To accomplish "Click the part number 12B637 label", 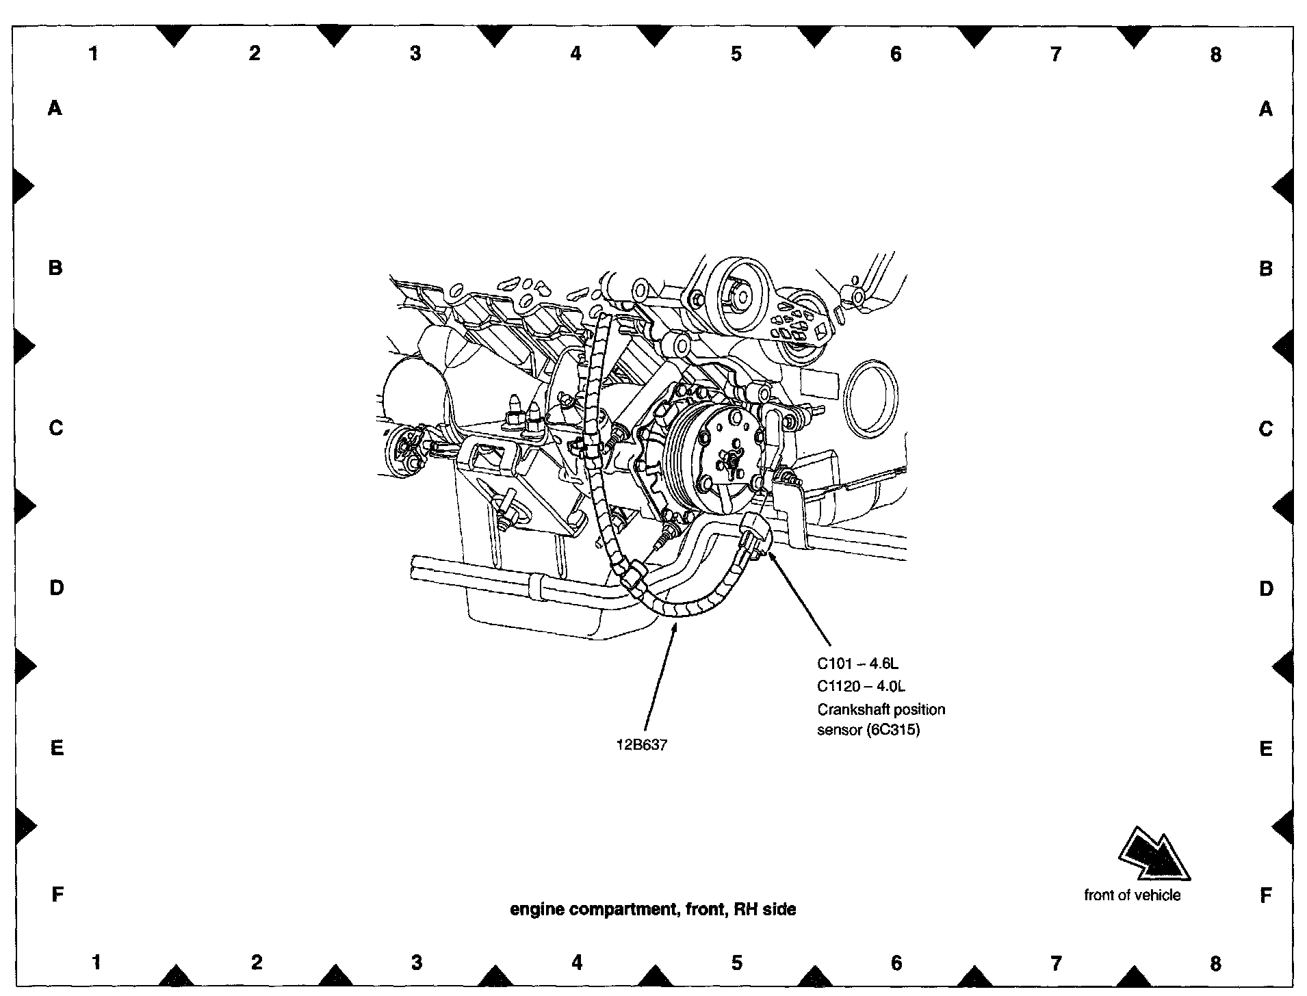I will (x=641, y=745).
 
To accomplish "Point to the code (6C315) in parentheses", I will (x=893, y=730).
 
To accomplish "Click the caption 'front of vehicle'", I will (x=1132, y=895).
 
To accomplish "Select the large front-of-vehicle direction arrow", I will (x=1154, y=854).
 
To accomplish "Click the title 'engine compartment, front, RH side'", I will (x=653, y=909).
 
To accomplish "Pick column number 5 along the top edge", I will (x=736, y=53).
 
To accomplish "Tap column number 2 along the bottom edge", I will (x=257, y=962).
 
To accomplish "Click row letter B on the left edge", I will (x=55, y=267).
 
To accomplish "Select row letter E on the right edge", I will (x=1265, y=749).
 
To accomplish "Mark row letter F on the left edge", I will (x=57, y=893).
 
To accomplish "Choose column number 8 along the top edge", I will (x=1215, y=55).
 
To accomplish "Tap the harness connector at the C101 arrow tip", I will (x=756, y=537).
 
